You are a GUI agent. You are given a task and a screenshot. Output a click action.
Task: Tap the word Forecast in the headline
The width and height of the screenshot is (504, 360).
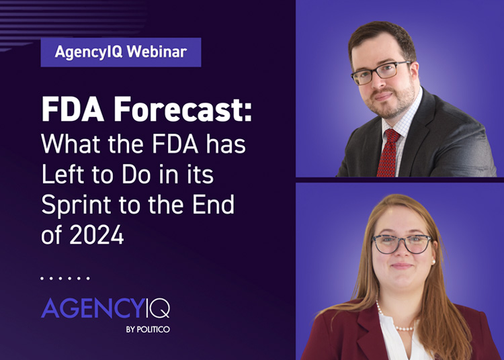(183, 109)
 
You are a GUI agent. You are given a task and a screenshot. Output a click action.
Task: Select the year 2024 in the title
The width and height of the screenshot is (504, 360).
(96, 235)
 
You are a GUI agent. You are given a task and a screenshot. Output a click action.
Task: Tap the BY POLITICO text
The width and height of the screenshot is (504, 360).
(148, 330)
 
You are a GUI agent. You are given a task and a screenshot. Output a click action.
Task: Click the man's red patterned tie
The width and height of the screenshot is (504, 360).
(388, 153)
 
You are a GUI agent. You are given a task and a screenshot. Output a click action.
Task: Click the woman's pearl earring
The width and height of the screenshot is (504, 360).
(434, 262)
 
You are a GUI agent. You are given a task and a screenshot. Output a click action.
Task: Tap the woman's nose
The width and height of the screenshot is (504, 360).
(401, 251)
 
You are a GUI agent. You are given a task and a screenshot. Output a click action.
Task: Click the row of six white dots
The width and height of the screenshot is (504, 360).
(65, 279)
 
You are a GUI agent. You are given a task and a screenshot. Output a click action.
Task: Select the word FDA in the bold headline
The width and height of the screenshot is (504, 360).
(73, 109)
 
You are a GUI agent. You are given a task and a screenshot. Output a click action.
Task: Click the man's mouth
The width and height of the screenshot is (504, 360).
(384, 96)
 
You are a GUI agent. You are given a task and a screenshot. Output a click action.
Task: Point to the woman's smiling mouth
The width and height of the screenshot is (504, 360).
(401, 266)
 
